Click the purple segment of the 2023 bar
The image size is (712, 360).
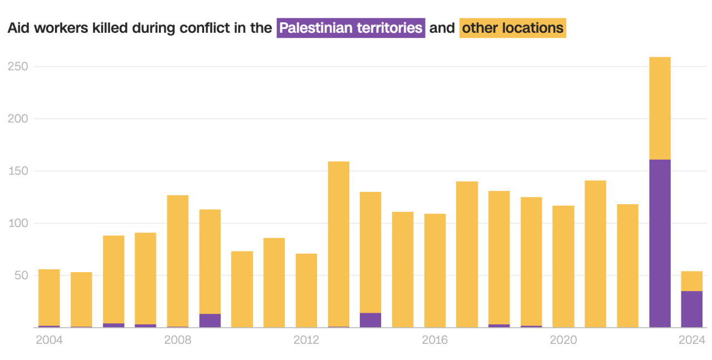pos(660,243)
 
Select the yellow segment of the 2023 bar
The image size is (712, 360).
pos(660,108)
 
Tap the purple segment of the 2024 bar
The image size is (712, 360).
pos(692,309)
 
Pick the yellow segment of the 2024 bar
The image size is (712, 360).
pos(692,281)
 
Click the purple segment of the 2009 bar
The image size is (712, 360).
pos(210,320)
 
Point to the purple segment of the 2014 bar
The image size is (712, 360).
pos(370,320)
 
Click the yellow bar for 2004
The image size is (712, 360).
pos(49,297)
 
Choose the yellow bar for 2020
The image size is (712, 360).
pos(563,267)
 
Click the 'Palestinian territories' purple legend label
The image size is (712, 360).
pos(351,28)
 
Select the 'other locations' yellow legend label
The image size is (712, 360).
pos(512,28)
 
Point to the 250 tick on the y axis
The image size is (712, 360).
pos(17,66)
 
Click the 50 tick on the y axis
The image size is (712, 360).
pos(20,275)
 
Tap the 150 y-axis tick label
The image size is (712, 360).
pos(17,171)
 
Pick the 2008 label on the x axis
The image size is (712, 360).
pos(178,340)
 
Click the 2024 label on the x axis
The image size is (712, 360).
pos(692,340)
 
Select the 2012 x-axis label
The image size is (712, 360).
pos(306,340)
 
